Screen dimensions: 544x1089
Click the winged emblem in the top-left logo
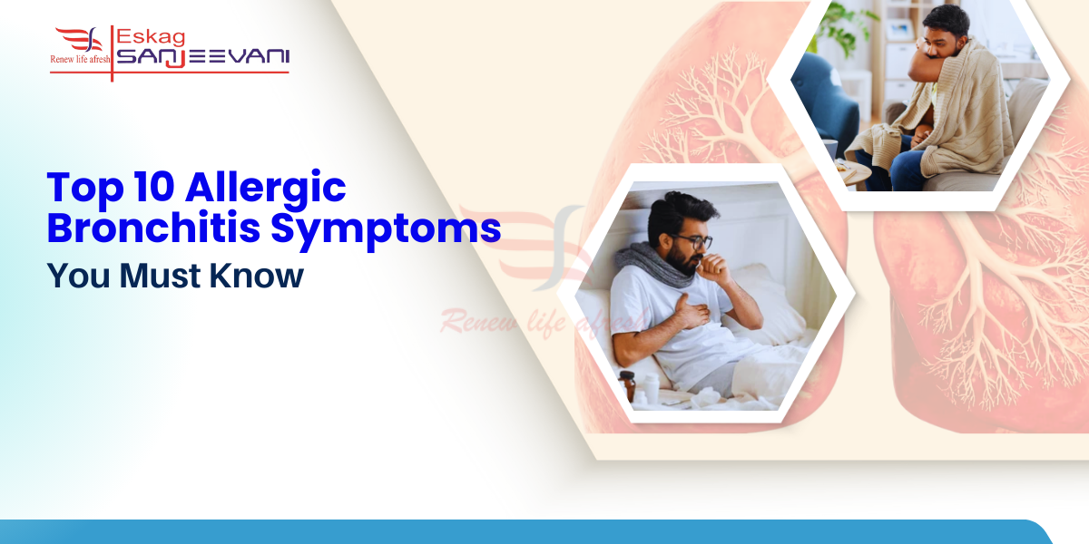click(x=80, y=39)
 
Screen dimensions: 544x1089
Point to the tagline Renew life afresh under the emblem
click(x=80, y=59)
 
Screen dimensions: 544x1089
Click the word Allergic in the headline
click(x=266, y=188)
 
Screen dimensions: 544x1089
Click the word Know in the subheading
click(x=256, y=275)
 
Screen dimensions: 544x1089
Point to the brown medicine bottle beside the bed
click(x=626, y=385)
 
